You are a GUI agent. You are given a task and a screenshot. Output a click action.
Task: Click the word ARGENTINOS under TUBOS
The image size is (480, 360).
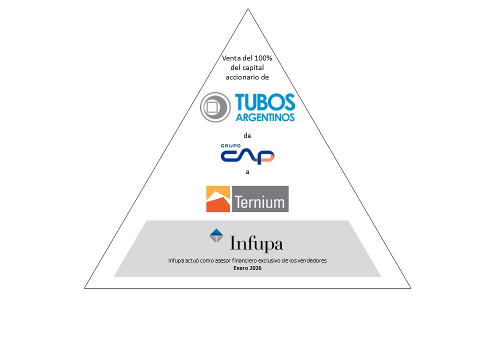[265, 117]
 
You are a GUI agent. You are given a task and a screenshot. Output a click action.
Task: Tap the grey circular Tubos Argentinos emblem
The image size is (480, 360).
[215, 107]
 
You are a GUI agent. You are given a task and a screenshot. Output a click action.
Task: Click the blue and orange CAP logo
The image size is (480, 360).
[247, 156]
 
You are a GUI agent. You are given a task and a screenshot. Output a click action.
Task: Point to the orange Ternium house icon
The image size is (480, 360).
[218, 199]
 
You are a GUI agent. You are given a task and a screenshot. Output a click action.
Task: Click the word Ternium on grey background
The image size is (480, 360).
[259, 202]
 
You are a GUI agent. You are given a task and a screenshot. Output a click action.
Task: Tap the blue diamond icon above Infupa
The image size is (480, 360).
[216, 235]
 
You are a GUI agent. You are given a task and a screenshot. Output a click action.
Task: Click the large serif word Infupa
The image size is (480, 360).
[256, 244]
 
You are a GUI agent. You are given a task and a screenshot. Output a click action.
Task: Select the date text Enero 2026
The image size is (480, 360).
[247, 268]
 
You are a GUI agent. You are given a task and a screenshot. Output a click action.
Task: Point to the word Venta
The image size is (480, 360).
[230, 58]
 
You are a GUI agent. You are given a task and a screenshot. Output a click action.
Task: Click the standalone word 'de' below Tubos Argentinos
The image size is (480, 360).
[247, 135]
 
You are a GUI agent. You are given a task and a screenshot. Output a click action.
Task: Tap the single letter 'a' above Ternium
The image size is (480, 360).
[247, 171]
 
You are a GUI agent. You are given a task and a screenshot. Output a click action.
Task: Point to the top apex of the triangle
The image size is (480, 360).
[247, 9]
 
